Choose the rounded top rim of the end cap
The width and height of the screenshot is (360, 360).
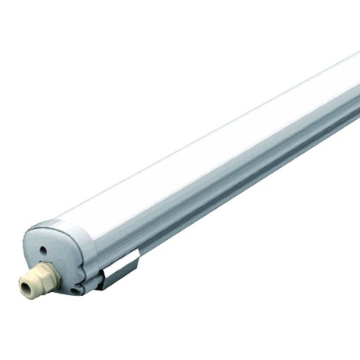pos(56,224)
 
